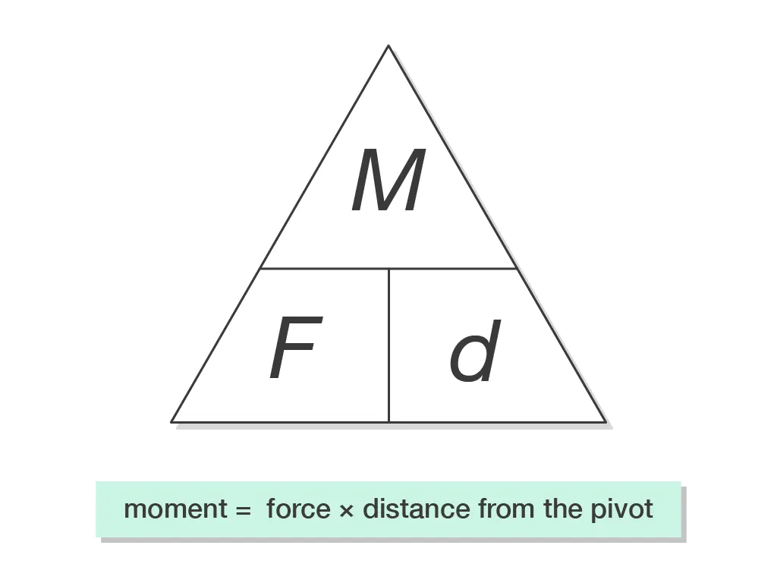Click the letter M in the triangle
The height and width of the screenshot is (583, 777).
(388, 181)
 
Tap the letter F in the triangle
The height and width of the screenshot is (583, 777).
(294, 349)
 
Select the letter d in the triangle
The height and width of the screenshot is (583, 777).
(475, 351)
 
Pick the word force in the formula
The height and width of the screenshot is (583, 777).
(298, 509)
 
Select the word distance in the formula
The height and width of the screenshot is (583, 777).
(417, 509)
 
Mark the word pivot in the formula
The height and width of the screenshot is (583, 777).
(621, 509)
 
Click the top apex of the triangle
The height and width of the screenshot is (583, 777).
(388, 46)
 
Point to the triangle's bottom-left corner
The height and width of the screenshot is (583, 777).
(172, 421)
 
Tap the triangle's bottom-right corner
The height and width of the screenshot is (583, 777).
(606, 421)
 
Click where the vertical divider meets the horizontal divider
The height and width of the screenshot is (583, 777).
(388, 268)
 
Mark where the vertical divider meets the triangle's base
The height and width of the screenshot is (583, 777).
(388, 421)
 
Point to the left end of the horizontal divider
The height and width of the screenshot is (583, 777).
(261, 268)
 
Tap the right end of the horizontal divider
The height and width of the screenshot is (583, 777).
(516, 268)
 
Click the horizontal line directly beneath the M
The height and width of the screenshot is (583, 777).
(388, 268)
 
